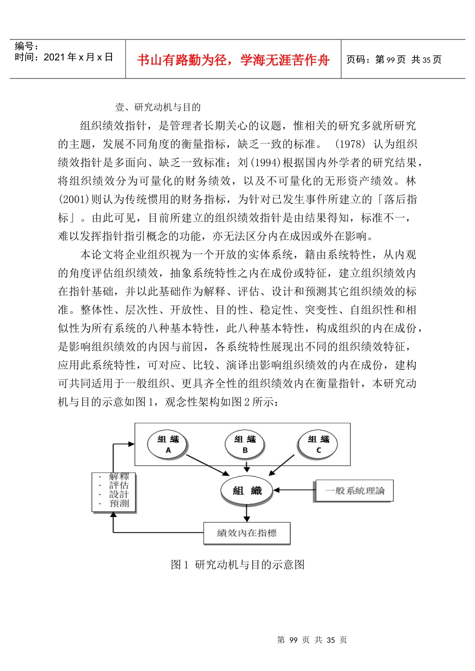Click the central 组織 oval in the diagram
click(247, 490)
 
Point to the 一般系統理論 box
click(354, 490)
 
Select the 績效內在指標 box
click(247, 533)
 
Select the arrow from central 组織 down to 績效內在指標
click(247, 513)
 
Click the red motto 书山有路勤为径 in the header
click(233, 60)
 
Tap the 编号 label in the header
click(26, 46)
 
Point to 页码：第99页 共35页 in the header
click(394, 60)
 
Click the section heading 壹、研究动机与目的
click(158, 107)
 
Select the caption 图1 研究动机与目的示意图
click(237, 564)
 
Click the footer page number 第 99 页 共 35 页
click(312, 640)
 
